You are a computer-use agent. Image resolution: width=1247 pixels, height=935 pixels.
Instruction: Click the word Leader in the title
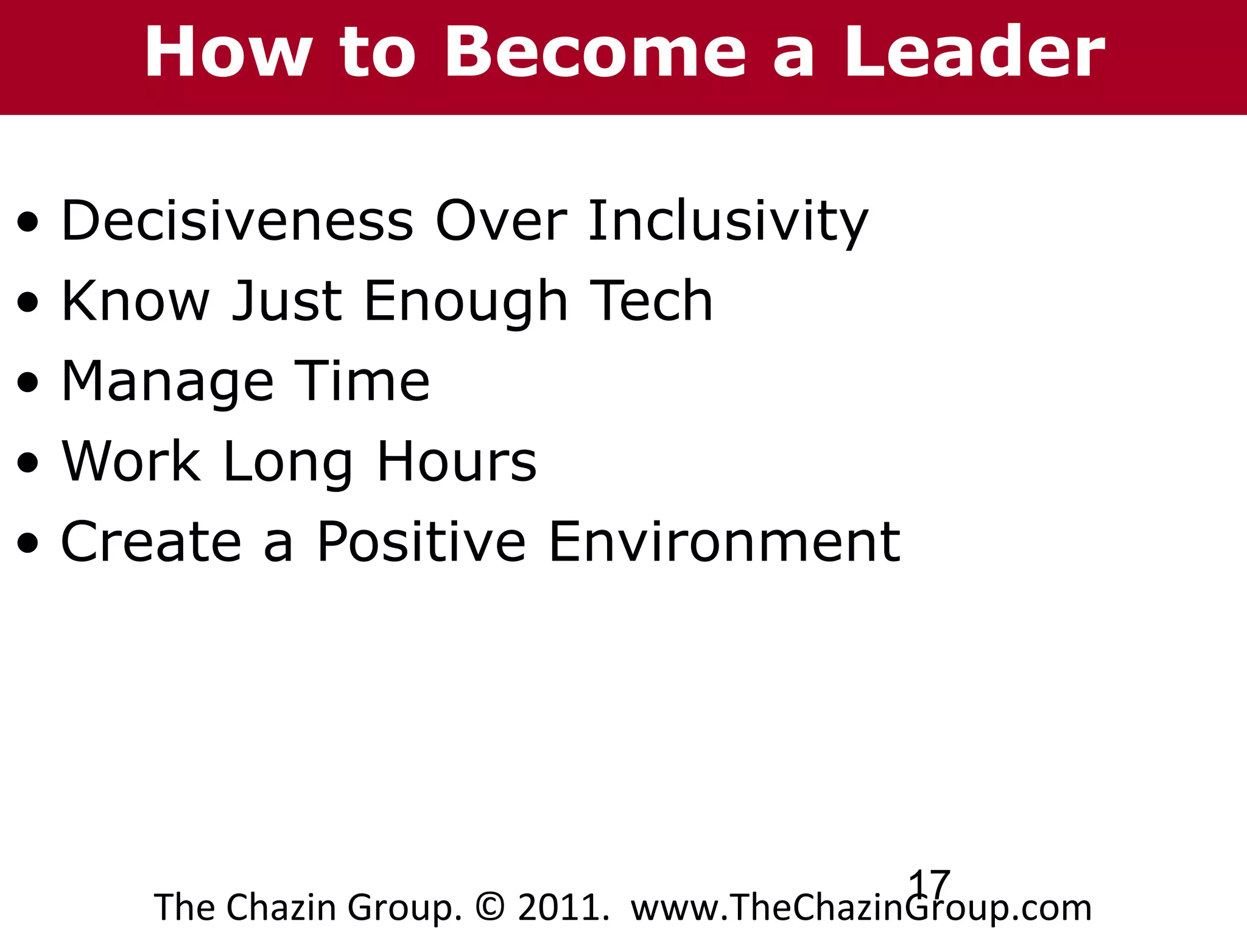(974, 54)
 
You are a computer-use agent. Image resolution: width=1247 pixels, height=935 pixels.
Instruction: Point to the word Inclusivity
(728, 222)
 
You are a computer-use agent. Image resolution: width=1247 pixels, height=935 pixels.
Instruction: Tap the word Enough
(466, 302)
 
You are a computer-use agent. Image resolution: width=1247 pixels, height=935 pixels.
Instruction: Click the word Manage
(168, 382)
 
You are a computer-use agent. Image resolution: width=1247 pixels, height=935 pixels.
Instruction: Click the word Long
(287, 463)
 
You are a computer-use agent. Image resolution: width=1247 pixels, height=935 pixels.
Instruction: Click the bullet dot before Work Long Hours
(28, 463)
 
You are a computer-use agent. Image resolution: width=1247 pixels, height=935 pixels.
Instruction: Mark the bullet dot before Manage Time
(28, 383)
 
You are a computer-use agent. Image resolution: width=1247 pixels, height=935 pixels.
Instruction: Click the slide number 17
(929, 883)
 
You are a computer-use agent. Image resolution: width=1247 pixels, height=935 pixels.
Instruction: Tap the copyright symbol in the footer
(490, 908)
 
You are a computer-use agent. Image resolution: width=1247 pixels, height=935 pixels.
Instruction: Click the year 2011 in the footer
(561, 908)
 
